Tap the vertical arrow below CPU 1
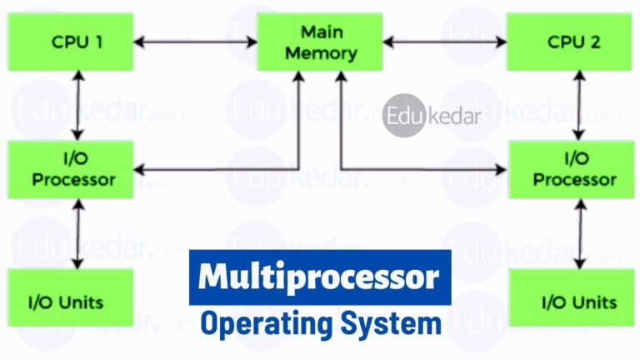[77, 105]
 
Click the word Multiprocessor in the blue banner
[320, 277]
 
